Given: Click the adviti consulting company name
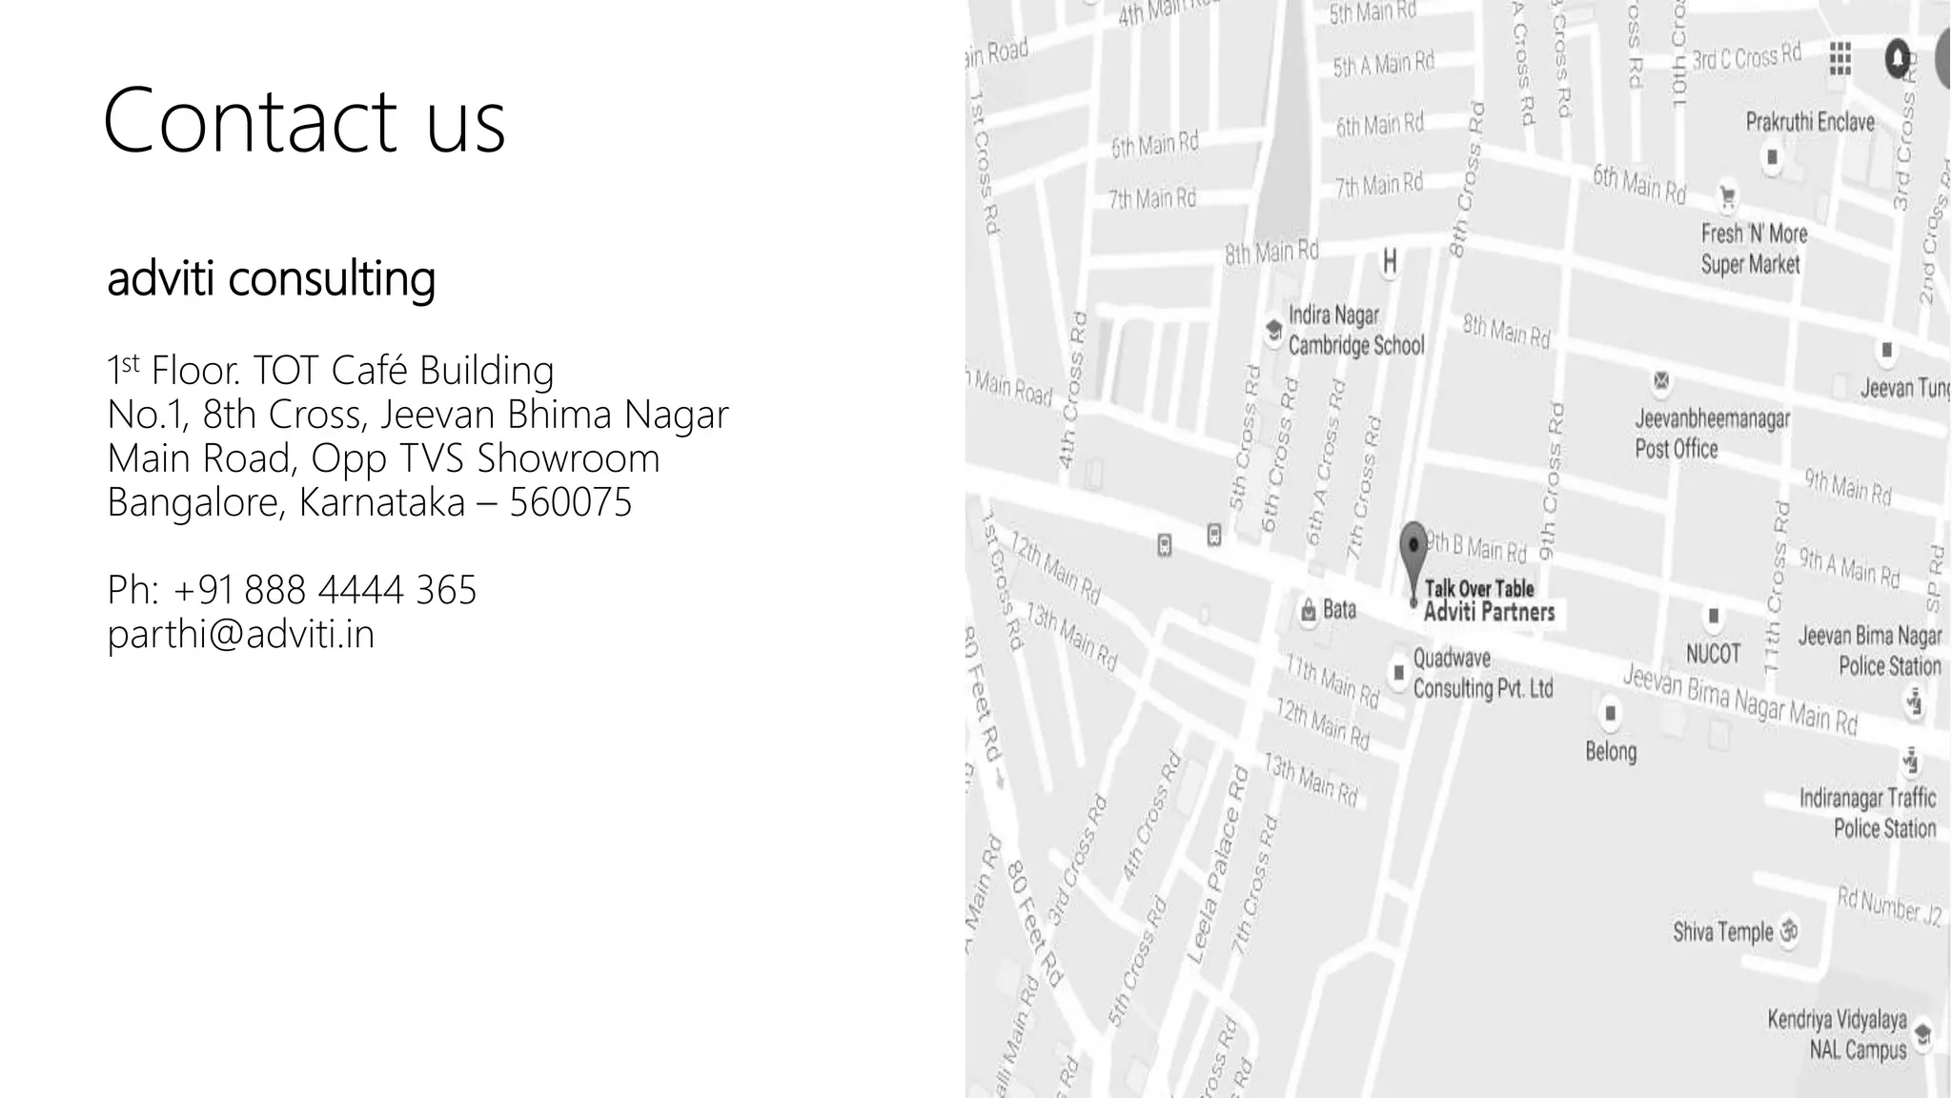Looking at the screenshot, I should [x=271, y=278].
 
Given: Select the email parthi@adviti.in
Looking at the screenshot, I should [x=240, y=634].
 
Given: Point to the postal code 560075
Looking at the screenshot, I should [x=570, y=502].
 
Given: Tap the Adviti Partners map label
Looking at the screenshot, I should [x=1489, y=612].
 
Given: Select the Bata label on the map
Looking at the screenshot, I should [x=1338, y=610].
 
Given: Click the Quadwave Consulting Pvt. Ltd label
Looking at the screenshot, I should [x=1482, y=673].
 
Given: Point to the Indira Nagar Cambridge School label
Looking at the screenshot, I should [x=1355, y=330].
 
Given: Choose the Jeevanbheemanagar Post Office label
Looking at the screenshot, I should [x=1712, y=433].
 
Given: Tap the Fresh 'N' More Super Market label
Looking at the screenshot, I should [x=1753, y=248].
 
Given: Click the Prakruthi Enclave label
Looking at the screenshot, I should [x=1809, y=122].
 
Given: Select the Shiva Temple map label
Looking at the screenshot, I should [x=1723, y=931].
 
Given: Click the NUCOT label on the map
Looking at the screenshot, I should [x=1713, y=653].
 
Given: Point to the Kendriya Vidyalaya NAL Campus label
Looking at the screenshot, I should [x=1837, y=1034].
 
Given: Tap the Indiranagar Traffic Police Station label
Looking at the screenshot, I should [x=1867, y=812].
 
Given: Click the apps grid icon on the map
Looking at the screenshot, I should [x=1840, y=59].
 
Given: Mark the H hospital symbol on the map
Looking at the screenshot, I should [x=1390, y=261].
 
